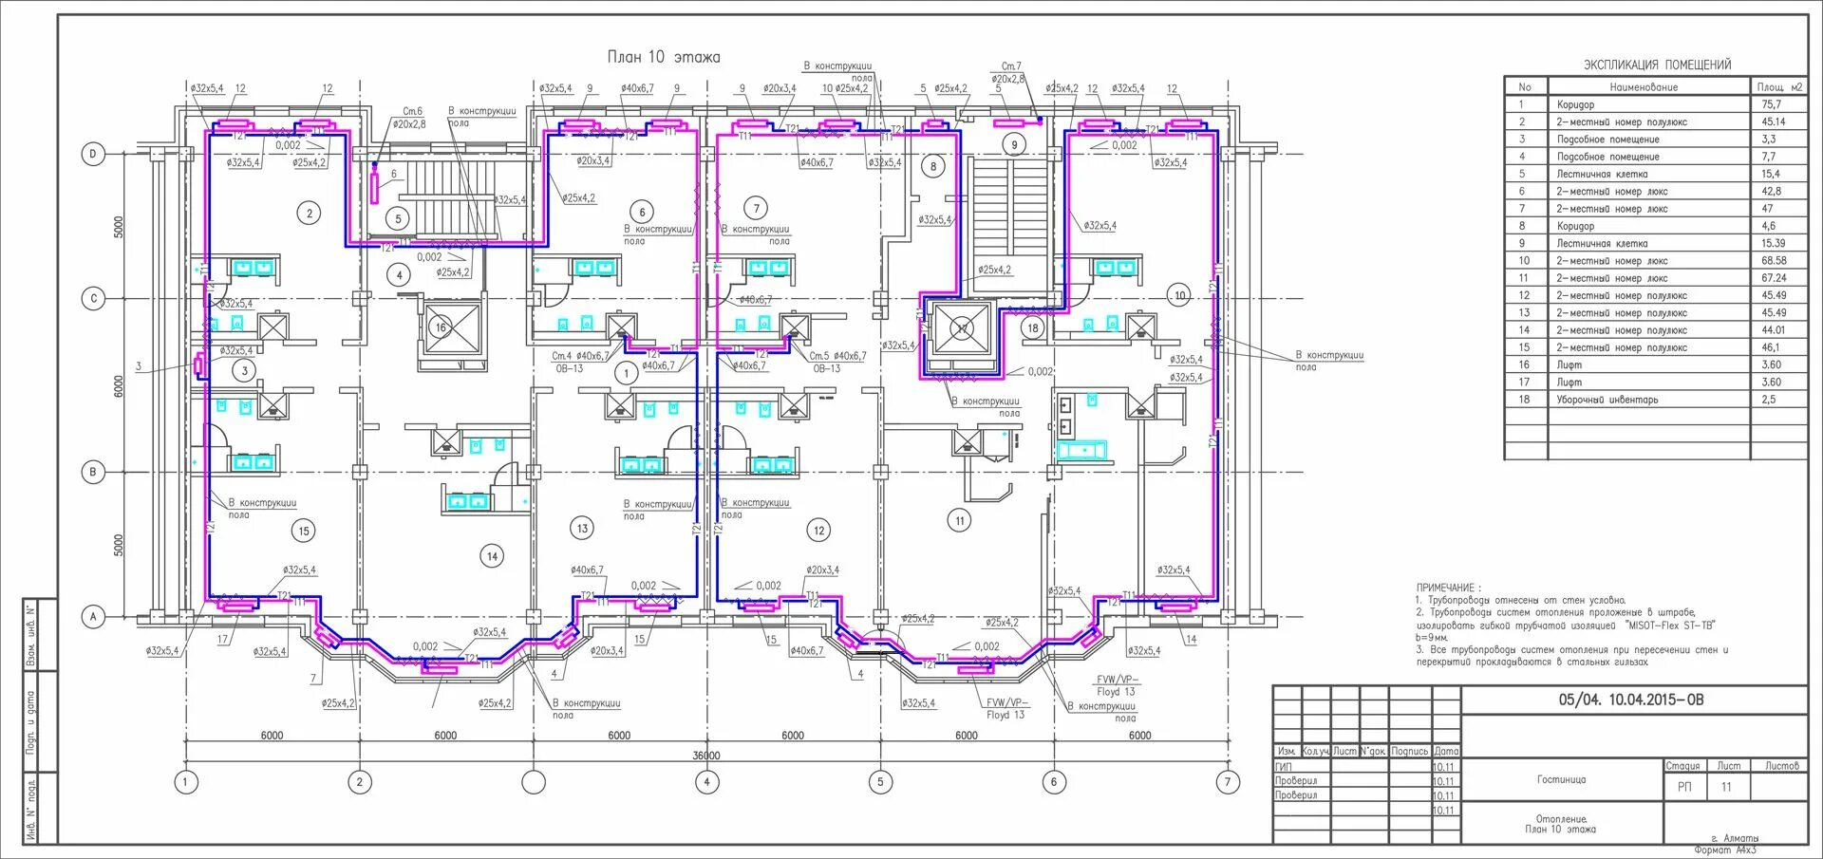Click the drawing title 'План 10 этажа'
pos(664,57)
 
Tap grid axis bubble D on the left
pos(93,154)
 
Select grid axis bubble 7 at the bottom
pos(1228,782)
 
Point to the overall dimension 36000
pos(705,756)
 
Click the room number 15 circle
pos(304,531)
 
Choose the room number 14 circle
pos(492,556)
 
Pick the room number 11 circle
pos(960,520)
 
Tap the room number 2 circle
pos(309,213)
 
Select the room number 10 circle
pos(1179,295)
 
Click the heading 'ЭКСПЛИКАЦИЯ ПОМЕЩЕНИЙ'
pos(1657,65)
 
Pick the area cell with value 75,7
pos(1772,104)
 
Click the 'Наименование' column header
pos(1644,86)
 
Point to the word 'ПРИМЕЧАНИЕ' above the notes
pos(1446,588)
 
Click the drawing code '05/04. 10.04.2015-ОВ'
pos(1631,700)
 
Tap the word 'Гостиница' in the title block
pos(1561,779)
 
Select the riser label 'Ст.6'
pos(412,111)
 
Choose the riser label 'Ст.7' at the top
pos(1011,66)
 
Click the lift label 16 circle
pos(441,327)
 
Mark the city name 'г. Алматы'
pos(1734,838)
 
